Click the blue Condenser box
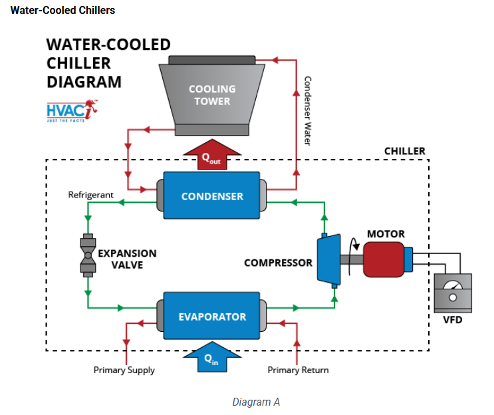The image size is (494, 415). coord(211,196)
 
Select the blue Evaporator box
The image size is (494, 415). coord(211,317)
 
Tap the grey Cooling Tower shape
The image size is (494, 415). coord(212,95)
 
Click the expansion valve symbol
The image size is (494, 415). coord(87,254)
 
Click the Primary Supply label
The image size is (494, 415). coord(124,370)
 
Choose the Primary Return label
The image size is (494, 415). coord(298,370)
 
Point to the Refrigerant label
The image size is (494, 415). coord(91,195)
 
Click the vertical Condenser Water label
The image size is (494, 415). coord(307,110)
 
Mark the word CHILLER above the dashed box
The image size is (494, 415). coord(404,151)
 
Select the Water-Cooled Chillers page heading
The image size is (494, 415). coord(62,10)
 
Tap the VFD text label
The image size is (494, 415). coord(452,320)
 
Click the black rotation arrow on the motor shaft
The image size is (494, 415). coord(356,247)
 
